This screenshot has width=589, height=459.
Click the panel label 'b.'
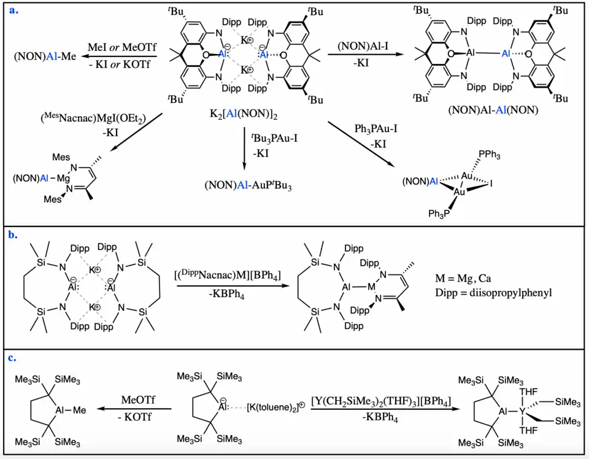[x=13, y=234]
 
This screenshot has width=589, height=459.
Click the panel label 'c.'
[x=12, y=357]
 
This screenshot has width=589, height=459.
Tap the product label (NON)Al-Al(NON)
[x=484, y=110]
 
